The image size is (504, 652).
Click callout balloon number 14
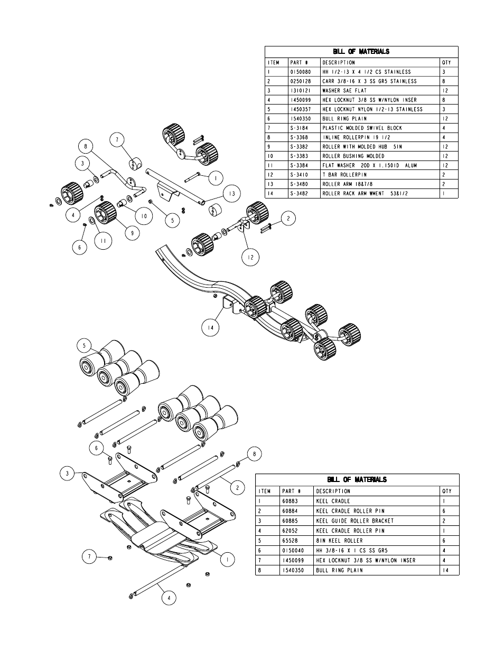coord(210,327)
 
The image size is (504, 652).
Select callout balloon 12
coord(250,257)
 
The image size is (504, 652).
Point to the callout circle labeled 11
coord(104,241)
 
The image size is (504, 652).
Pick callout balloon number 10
coord(143,215)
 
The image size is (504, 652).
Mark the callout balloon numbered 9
coord(132,231)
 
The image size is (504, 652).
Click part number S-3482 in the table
coord(299,194)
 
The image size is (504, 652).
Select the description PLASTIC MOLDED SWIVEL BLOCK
coord(362,128)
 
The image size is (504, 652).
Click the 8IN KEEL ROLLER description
coord(339,541)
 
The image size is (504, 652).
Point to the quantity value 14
coord(447,570)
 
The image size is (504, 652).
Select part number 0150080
coord(301,72)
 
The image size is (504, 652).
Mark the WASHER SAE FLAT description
coord(344,91)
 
